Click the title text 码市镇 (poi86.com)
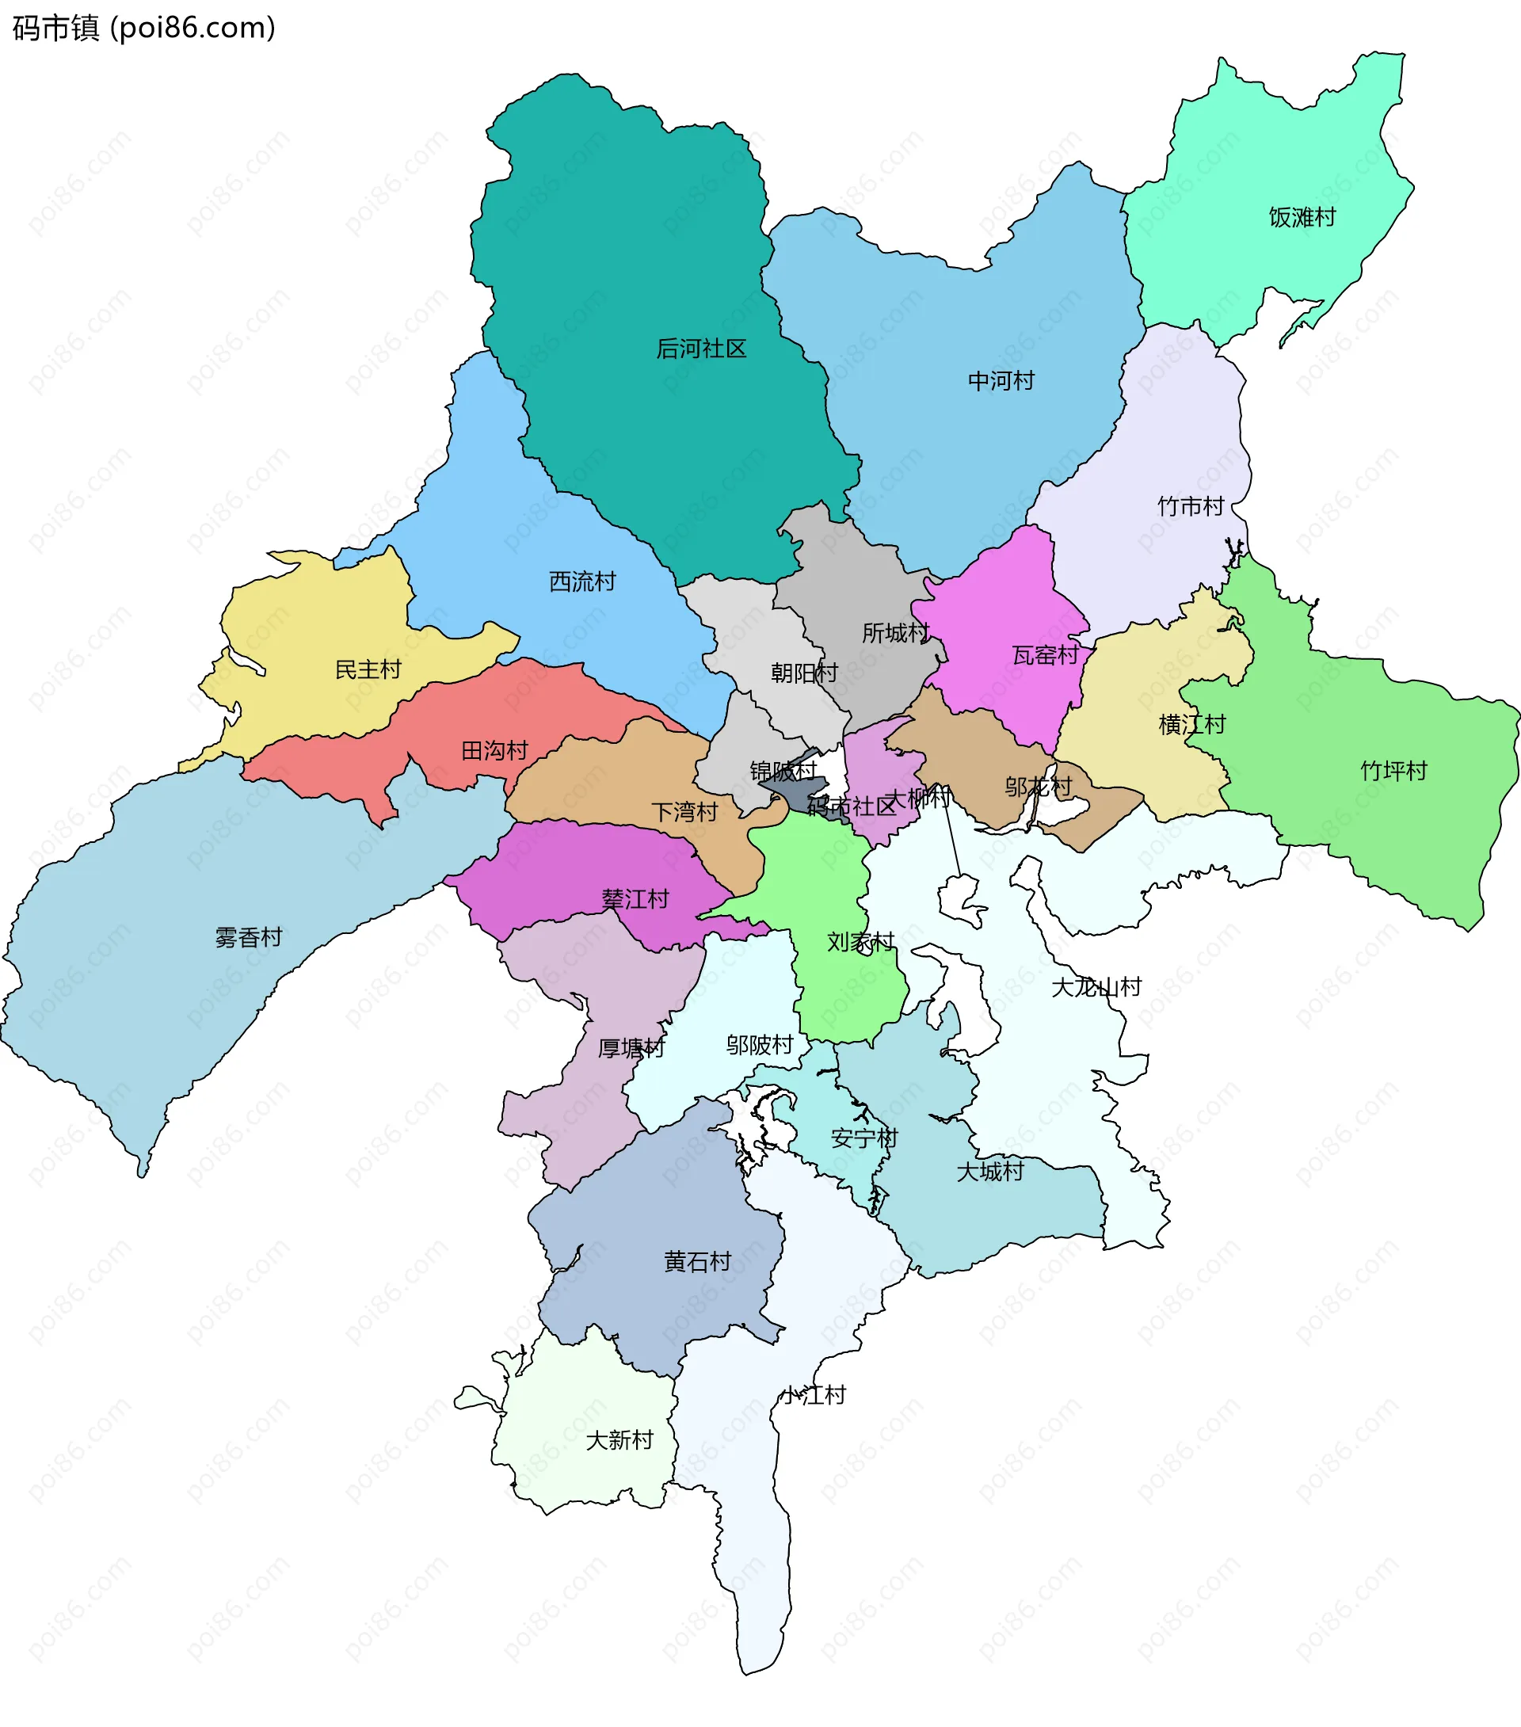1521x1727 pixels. coord(143,28)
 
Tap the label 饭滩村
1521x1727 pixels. coord(1302,217)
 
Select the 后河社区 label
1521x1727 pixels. coord(701,348)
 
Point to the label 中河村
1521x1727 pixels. coord(1001,380)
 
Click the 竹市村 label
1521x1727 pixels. coord(1191,506)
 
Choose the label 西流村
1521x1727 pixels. coord(582,581)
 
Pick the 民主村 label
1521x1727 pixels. coord(368,669)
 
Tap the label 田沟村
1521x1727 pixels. coord(494,750)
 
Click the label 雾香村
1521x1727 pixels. coord(248,937)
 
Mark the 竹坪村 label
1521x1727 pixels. coord(1393,771)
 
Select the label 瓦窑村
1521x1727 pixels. coord(1045,655)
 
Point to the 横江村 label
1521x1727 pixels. coord(1191,724)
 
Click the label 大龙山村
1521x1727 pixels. coord(1096,987)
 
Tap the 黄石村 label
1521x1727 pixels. coord(697,1261)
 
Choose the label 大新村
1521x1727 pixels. coord(619,1439)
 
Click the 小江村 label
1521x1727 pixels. coord(813,1395)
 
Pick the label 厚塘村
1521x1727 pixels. coord(631,1049)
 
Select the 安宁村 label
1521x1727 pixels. coord(863,1138)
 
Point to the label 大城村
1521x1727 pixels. coord(989,1171)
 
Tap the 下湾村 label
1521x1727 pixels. coord(684,812)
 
